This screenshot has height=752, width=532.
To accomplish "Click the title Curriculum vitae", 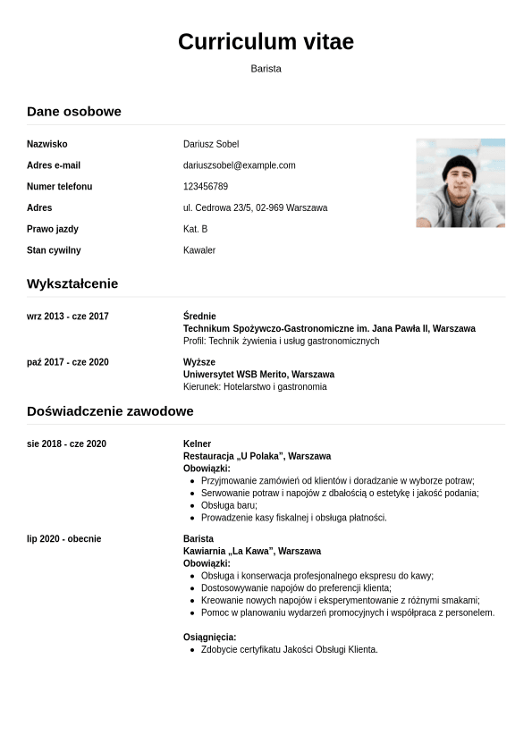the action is pos(266,42).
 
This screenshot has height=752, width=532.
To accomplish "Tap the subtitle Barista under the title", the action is pos(266,69).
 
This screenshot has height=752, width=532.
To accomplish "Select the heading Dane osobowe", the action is pos(74,112).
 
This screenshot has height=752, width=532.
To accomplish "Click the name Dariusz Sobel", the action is pos(211,144).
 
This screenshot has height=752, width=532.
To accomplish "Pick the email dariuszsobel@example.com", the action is pos(239,165).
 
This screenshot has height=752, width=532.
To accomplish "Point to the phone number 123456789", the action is pos(206,187).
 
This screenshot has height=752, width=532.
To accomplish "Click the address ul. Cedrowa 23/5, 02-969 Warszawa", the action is pos(255,208).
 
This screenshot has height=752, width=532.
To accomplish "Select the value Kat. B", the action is pos(195,230).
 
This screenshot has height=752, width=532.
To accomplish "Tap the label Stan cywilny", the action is pos(54,250).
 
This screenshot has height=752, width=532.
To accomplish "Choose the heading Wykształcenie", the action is pos(72,284).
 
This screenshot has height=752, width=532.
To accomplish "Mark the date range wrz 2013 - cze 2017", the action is pos(68,317).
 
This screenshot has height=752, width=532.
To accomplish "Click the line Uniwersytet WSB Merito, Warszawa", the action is pos(258,375).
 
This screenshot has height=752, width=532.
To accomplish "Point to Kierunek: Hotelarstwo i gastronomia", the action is pos(255,387).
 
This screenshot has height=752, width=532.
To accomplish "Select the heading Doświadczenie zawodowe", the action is pos(110,411).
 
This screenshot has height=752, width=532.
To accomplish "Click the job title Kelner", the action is pos(197,444).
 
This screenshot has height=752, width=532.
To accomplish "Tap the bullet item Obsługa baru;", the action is pos(229,505).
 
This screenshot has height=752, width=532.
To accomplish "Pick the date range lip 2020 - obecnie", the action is pos(63,539).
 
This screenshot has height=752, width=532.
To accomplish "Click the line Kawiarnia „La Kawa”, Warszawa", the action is pos(252,552).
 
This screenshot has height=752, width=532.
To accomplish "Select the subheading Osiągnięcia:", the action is pos(209,638).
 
